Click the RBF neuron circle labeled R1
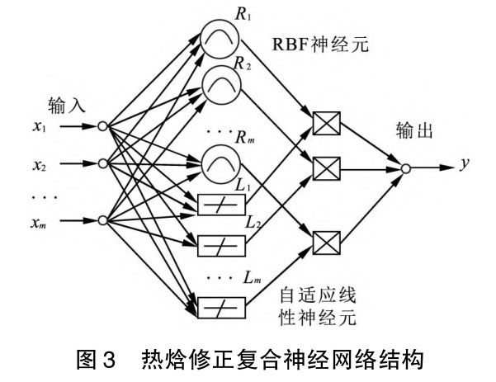(x=216, y=35)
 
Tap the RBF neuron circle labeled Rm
(x=216, y=161)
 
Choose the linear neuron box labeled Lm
(x=216, y=306)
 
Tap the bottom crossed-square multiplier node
(x=327, y=240)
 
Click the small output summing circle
(x=405, y=167)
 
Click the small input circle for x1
(x=102, y=127)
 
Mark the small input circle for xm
(x=102, y=219)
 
